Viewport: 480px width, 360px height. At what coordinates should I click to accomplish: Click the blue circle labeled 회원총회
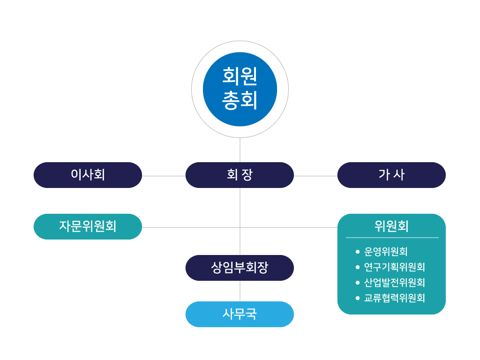(240, 89)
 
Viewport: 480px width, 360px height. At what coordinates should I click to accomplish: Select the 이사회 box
(88, 175)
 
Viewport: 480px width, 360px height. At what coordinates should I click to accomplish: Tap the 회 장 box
(240, 175)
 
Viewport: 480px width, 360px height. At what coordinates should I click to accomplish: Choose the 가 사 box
(391, 175)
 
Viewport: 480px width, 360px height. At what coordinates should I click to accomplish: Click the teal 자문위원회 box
(88, 226)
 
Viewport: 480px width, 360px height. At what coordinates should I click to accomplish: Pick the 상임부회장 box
(240, 268)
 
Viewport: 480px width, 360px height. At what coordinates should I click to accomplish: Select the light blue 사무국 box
(240, 314)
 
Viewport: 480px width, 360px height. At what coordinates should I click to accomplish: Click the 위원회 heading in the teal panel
(391, 226)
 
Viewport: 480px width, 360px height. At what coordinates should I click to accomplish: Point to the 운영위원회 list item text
(386, 252)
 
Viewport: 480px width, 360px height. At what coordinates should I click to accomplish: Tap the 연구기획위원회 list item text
(394, 267)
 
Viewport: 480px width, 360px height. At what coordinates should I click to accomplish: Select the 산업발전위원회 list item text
(394, 283)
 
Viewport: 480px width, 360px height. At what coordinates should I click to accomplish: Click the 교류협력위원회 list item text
(394, 298)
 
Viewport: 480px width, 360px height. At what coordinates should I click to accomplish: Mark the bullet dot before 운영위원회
(358, 252)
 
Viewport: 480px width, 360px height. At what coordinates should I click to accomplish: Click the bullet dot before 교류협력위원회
(358, 298)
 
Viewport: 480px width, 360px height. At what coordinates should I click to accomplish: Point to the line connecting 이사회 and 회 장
(164, 176)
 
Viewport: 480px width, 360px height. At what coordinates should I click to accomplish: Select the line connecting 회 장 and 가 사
(315, 176)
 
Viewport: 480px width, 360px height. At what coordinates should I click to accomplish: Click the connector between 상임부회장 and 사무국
(240, 291)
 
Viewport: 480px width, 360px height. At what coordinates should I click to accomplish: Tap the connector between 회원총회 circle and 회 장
(240, 150)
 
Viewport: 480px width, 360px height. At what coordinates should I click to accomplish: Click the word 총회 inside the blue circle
(240, 100)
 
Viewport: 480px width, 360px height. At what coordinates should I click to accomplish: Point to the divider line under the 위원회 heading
(392, 238)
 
